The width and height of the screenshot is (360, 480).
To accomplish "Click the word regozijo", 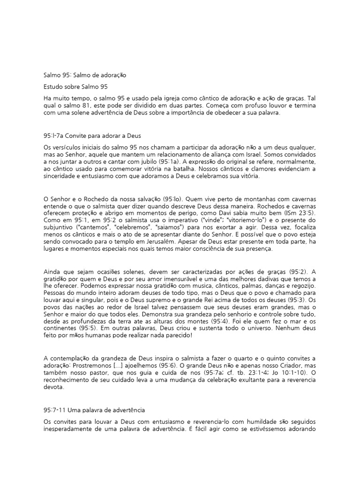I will pyautogui.click(x=302, y=285).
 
